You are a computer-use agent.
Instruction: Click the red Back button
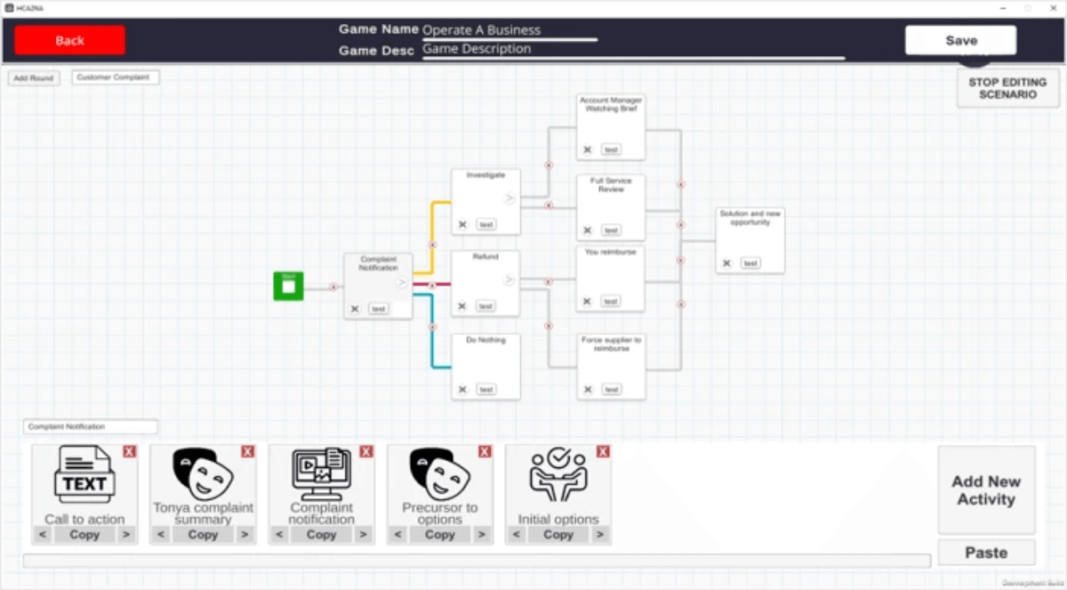coord(69,40)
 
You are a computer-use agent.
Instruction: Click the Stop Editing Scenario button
coord(1007,88)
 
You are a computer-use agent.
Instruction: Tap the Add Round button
coord(34,78)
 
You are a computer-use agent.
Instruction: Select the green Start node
coord(288,287)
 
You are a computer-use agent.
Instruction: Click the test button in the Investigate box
coord(485,224)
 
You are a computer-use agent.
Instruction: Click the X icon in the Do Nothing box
coord(462,390)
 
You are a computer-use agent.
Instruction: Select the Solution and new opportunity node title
coord(750,218)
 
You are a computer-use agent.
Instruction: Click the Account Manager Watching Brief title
coord(611,104)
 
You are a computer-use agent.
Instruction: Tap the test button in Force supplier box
coord(611,390)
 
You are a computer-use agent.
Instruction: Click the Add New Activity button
coord(986,490)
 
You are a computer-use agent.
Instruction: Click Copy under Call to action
coord(84,535)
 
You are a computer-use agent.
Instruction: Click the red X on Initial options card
coord(603,452)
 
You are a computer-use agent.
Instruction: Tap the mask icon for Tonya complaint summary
coord(203,473)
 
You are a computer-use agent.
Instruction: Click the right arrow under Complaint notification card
coord(363,535)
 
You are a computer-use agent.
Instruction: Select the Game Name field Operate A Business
coord(509,30)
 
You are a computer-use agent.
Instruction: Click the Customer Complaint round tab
coord(116,77)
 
